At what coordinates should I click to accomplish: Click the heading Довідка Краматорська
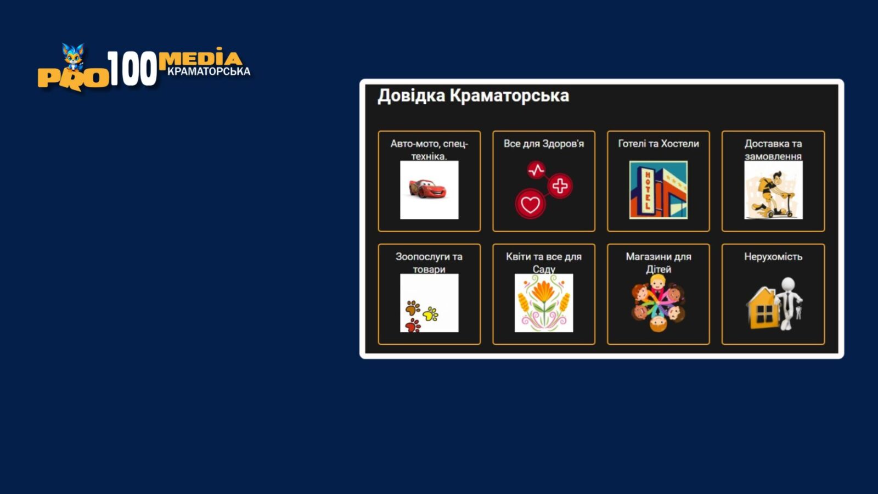click(x=473, y=96)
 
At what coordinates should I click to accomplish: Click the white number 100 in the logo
click(x=132, y=69)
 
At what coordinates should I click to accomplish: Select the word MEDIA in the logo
click(x=200, y=59)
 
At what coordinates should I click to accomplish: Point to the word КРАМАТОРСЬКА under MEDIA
click(x=209, y=72)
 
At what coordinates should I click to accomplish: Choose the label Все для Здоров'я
click(x=544, y=144)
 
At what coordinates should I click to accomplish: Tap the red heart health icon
click(x=530, y=204)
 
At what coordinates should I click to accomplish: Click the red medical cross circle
click(x=560, y=186)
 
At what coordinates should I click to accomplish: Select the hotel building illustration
click(x=658, y=190)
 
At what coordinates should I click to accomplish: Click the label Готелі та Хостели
click(x=658, y=144)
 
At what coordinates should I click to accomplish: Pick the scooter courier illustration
click(x=773, y=190)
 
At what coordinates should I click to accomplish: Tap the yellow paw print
click(x=431, y=314)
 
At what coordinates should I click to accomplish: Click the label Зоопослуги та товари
click(x=429, y=263)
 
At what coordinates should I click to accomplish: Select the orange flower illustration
click(x=544, y=302)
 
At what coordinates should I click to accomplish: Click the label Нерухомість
click(x=773, y=257)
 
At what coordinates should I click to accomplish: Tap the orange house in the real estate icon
click(x=762, y=308)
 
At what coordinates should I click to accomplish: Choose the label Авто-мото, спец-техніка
click(x=429, y=150)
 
